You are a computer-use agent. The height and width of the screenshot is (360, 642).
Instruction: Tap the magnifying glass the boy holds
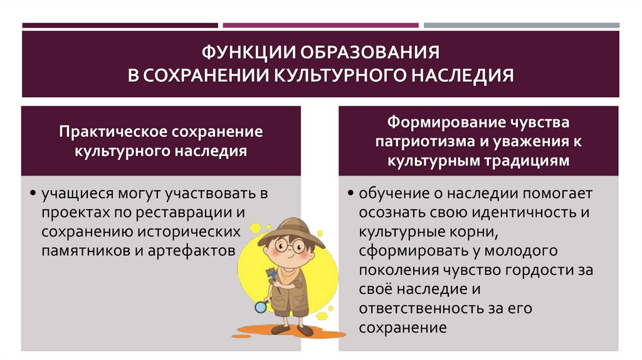tap(260, 307)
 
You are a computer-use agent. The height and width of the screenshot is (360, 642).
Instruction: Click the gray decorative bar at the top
tap(522, 26)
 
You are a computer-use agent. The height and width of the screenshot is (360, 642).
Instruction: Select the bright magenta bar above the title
tap(320, 26)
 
